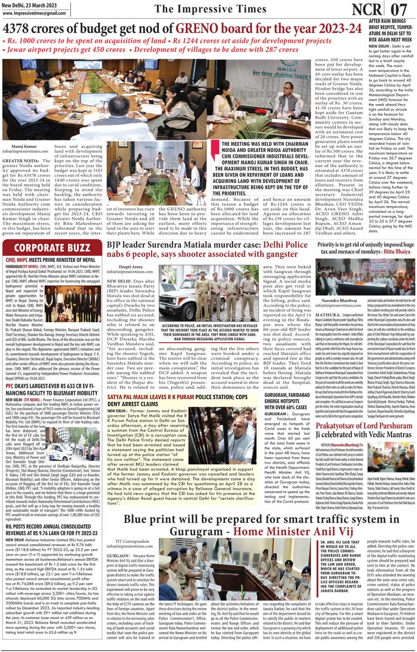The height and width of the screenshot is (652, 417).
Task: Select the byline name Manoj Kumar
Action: pyautogui.click(x=24, y=146)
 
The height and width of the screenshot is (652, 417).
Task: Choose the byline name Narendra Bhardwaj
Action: pyautogui.click(x=337, y=300)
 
